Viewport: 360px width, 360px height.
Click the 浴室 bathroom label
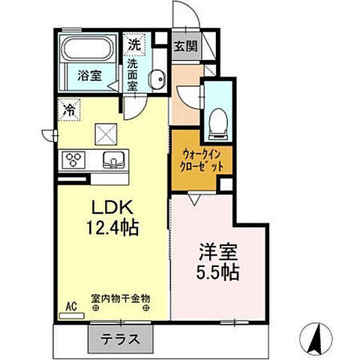(x=89, y=75)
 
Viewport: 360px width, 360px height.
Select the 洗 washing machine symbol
(x=133, y=44)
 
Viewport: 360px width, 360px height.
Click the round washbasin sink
(x=158, y=82)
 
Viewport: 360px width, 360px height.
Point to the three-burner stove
(x=76, y=158)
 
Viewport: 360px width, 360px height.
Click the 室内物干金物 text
(x=120, y=298)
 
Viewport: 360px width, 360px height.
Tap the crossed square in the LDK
(x=104, y=134)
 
